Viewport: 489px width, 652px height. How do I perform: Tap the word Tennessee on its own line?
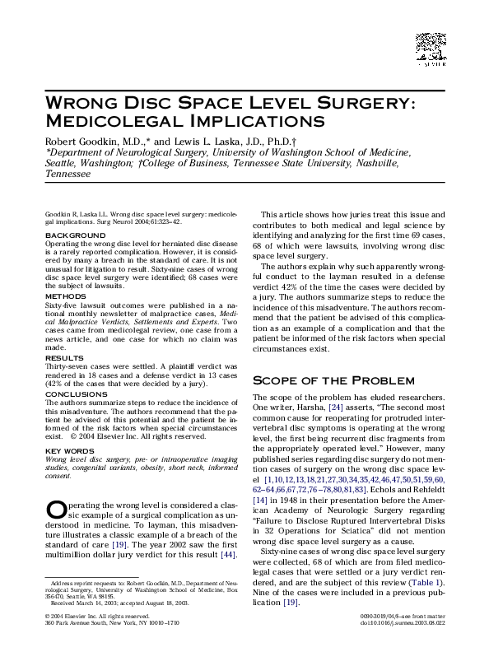coord(68,175)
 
